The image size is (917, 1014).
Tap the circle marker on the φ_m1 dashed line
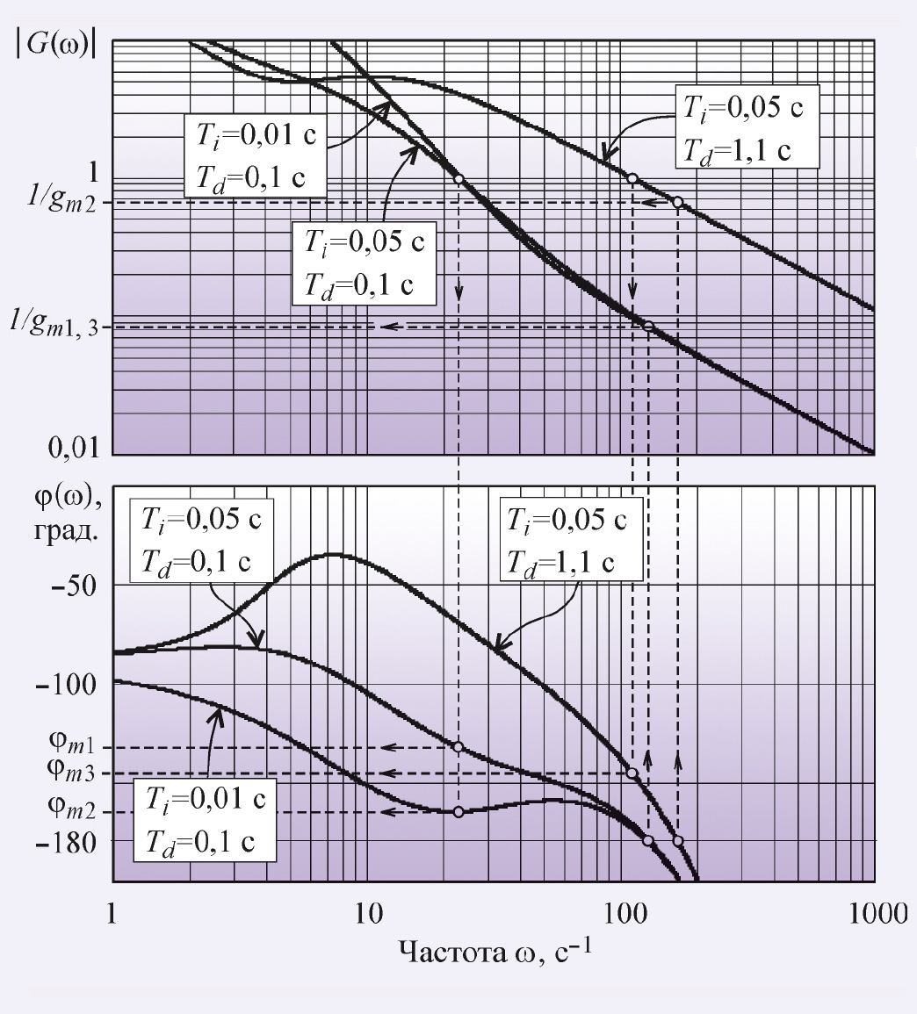tap(458, 747)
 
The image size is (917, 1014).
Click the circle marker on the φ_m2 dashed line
tap(458, 812)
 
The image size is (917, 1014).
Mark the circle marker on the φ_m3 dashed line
tap(632, 773)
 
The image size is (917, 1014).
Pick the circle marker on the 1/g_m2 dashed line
tap(677, 202)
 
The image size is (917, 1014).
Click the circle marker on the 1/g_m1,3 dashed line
tap(648, 326)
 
